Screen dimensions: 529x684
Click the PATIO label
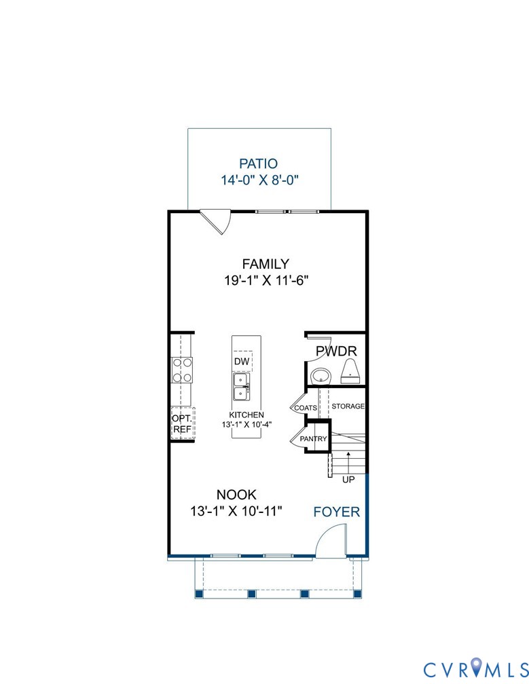coord(259,164)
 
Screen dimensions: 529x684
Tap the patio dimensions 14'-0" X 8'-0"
coord(259,180)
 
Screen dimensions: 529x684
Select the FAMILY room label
coord(266,264)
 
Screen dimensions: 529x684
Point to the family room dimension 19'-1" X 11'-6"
coord(266,280)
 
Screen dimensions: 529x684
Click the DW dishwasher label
coord(241,361)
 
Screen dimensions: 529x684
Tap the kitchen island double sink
coord(241,387)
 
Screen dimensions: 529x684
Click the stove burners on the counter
coord(182,370)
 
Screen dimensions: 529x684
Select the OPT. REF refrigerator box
coord(183,423)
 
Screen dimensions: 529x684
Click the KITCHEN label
coord(247,415)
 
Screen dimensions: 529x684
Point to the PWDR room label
coord(336,351)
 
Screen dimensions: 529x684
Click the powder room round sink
coord(322,376)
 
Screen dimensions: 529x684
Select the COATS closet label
coord(306,408)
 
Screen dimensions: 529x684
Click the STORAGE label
coord(348,406)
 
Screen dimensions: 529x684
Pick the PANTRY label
coord(313,439)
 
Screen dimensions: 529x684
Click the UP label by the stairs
coord(348,479)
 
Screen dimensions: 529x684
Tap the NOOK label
coord(236,495)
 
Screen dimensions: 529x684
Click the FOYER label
coord(337,512)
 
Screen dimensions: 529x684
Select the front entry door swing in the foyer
coord(331,541)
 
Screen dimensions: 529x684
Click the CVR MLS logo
coord(476,669)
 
